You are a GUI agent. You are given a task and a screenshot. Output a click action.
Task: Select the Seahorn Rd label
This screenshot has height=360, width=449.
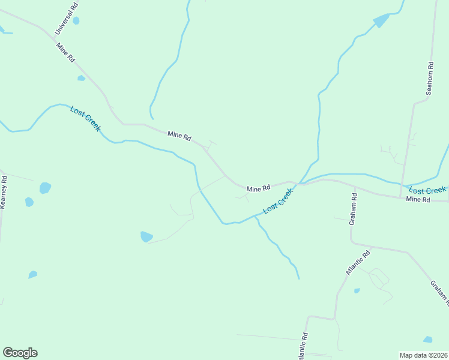pos(429,78)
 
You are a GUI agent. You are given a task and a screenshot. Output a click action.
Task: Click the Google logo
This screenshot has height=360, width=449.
pos(20,353)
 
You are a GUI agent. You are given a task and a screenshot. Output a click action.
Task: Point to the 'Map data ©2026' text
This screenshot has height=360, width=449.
pos(424,355)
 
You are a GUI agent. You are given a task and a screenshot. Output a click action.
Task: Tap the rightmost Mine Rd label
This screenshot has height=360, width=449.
pos(418,199)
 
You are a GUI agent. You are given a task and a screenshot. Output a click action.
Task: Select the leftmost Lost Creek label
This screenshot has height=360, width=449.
pos(85,118)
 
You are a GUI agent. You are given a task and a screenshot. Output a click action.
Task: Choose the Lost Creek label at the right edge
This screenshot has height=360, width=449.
pos(427,190)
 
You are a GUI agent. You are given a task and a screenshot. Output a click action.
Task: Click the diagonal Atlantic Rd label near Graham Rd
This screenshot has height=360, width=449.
pos(358,263)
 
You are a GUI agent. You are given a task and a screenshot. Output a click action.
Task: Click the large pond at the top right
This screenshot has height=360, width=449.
pos(381,21)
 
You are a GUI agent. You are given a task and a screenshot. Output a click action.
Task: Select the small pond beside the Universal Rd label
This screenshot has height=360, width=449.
pos(76,20)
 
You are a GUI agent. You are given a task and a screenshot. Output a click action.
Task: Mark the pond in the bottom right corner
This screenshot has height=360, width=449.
pos(427,340)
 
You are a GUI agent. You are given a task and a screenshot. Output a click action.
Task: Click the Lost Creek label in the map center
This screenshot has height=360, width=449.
pos(278,200)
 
